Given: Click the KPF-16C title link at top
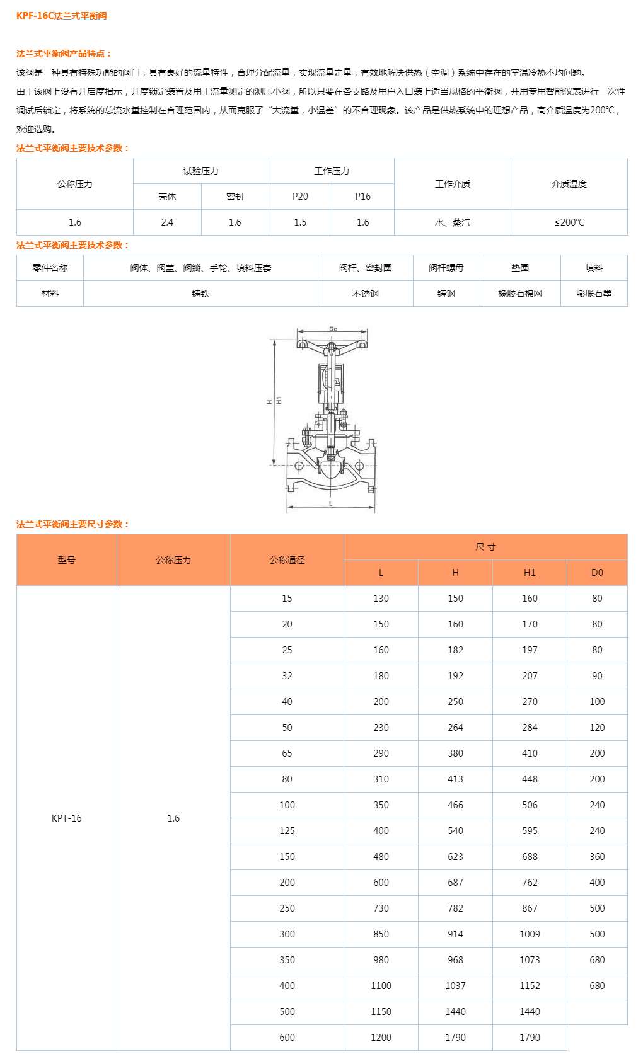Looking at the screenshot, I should point(61,16).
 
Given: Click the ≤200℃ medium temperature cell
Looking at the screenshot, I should point(569,222).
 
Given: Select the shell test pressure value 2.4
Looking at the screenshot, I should point(167,222).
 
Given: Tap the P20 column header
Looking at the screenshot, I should point(300,197).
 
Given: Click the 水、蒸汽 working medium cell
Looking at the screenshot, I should point(452,222).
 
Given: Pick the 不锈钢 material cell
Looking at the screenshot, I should point(365,294).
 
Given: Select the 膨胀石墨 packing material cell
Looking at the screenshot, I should point(593,294).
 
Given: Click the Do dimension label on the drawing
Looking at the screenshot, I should point(333,329).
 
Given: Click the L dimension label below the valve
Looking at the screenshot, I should point(331,504).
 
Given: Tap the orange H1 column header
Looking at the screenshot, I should point(530,573).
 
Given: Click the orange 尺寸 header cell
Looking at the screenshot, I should point(485,547).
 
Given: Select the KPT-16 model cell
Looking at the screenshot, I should point(66,818).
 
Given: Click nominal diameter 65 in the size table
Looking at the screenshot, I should point(287,753).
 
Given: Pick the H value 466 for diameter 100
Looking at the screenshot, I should point(455,805).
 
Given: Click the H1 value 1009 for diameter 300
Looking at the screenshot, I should point(530,934).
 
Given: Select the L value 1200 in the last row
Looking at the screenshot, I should point(381,1037).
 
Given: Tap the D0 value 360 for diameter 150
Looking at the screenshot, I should point(596,856).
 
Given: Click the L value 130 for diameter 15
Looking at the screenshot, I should point(381,598).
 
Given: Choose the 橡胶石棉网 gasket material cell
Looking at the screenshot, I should point(519,294).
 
